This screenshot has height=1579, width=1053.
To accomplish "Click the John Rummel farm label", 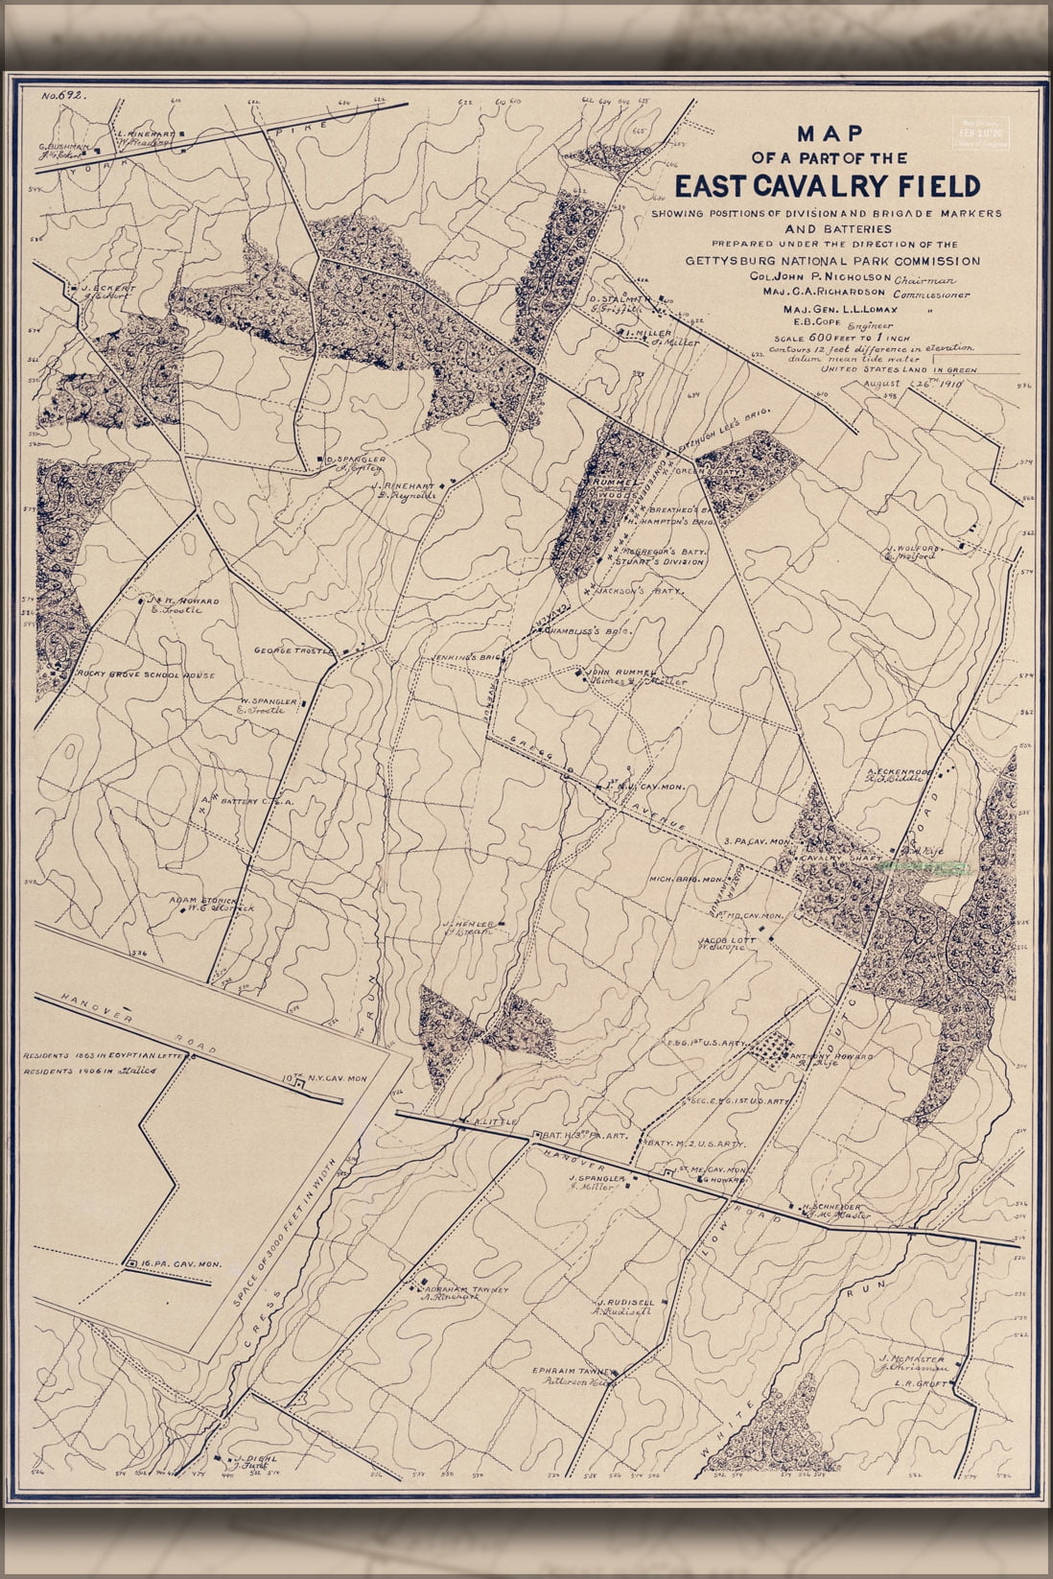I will (621, 672).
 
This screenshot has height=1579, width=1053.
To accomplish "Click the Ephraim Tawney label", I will (576, 1372).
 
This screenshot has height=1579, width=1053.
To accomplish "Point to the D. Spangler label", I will (356, 460).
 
